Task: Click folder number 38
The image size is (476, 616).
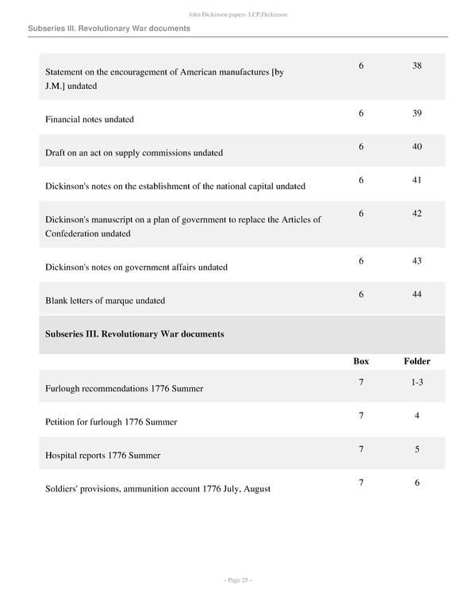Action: pyautogui.click(x=416, y=66)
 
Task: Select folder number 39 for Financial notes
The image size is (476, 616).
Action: pyautogui.click(x=416, y=114)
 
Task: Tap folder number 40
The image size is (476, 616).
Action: pyautogui.click(x=416, y=147)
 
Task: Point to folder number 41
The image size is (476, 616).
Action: pyautogui.click(x=416, y=180)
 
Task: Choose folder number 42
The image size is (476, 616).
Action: pyautogui.click(x=416, y=214)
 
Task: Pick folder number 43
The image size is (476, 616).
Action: pyautogui.click(x=416, y=261)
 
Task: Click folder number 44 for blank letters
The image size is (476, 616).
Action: pyautogui.click(x=416, y=295)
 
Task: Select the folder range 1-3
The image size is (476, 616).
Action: pyautogui.click(x=416, y=383)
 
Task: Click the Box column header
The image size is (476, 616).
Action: pyautogui.click(x=361, y=361)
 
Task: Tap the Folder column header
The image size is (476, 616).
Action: pyautogui.click(x=416, y=361)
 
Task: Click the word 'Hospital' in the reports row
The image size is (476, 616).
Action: pyautogui.click(x=62, y=456)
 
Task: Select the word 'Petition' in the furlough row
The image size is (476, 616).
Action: pyautogui.click(x=62, y=422)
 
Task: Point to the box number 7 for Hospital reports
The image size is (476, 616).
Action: pyautogui.click(x=361, y=449)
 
